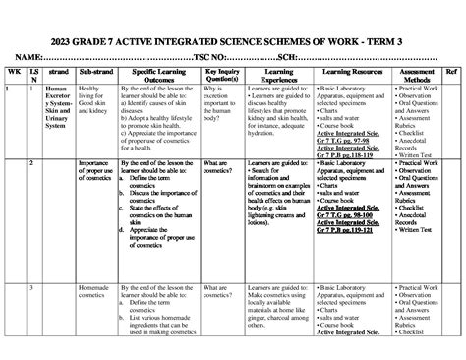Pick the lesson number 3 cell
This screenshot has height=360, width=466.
33,287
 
